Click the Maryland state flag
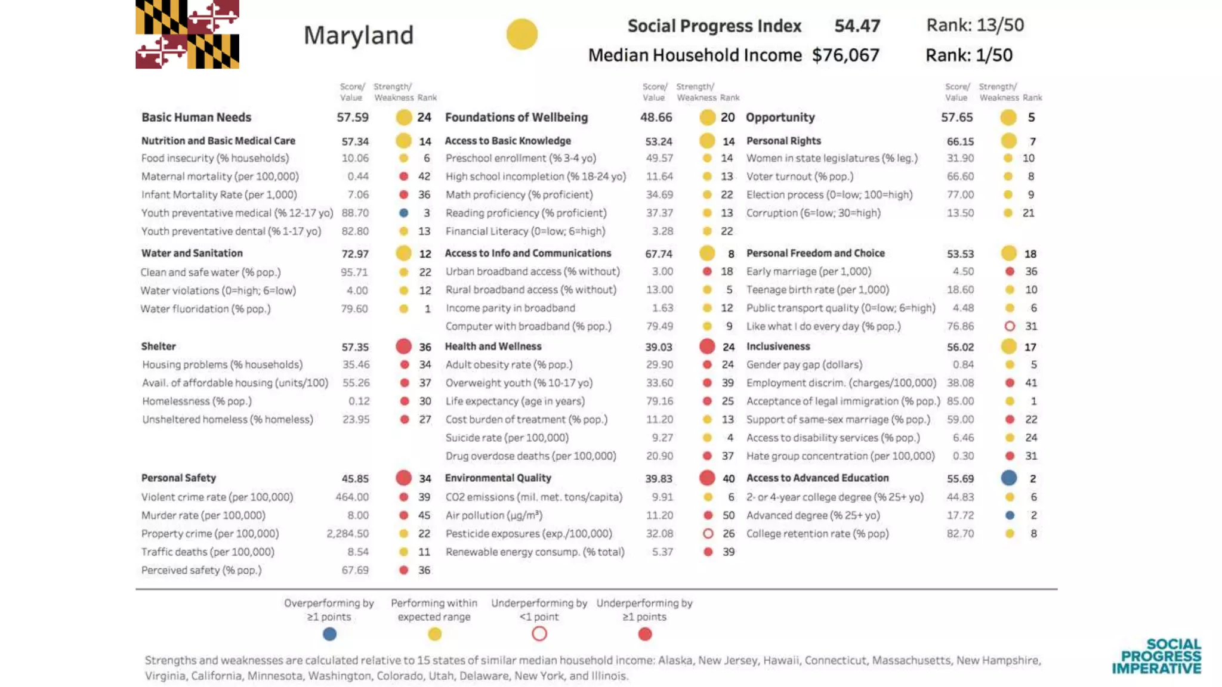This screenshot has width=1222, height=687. pyautogui.click(x=187, y=34)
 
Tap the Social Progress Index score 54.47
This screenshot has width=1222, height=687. pyautogui.click(x=857, y=26)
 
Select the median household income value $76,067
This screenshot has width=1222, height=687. pyautogui.click(x=845, y=55)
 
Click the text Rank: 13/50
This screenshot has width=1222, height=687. pyautogui.click(x=975, y=25)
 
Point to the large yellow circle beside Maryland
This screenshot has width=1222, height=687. pyautogui.click(x=522, y=34)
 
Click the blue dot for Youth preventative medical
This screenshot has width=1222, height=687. pyautogui.click(x=404, y=213)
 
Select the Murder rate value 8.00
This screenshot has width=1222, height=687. pyautogui.click(x=358, y=515)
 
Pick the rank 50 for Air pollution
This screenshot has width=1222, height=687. pyautogui.click(x=729, y=515)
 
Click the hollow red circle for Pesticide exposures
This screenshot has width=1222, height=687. pyautogui.click(x=708, y=534)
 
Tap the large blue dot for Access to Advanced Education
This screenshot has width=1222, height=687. pyautogui.click(x=1009, y=478)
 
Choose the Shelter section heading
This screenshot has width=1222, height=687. pyautogui.click(x=159, y=346)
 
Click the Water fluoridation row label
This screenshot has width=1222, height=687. pyautogui.click(x=205, y=309)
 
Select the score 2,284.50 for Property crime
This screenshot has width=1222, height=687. pyautogui.click(x=347, y=534)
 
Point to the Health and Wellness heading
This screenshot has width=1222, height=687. pyautogui.click(x=493, y=346)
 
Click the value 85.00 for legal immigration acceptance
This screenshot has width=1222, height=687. pyautogui.click(x=960, y=401)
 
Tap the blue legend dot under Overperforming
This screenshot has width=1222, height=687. pyautogui.click(x=329, y=634)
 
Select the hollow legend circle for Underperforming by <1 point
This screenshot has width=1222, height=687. pyautogui.click(x=539, y=634)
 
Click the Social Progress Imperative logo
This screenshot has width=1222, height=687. pyautogui.click(x=1156, y=657)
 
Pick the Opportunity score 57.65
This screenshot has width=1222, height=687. pyautogui.click(x=956, y=117)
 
